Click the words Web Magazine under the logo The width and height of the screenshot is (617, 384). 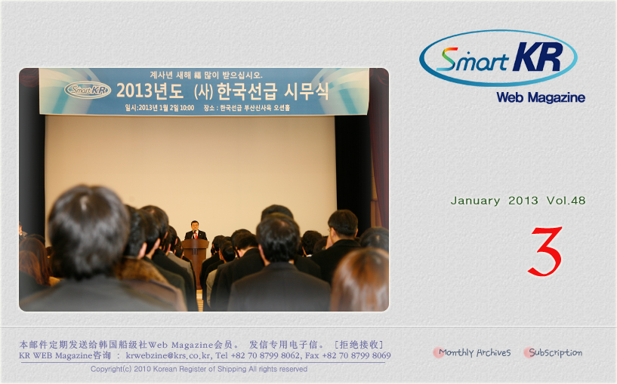pyautogui.click(x=541, y=97)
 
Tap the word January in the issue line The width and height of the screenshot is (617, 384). pyautogui.click(x=475, y=201)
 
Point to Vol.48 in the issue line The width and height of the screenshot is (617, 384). pyautogui.click(x=566, y=201)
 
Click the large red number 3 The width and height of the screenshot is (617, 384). pyautogui.click(x=545, y=251)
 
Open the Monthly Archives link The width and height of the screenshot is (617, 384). pyautogui.click(x=474, y=352)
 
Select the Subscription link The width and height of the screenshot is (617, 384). pyautogui.click(x=555, y=352)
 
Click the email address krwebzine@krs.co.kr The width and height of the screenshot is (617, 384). pyautogui.click(x=168, y=355)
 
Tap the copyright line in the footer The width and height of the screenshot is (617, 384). pyautogui.click(x=199, y=369)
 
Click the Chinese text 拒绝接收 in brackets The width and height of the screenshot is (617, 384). pyautogui.click(x=359, y=345)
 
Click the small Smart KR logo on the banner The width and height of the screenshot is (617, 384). pyautogui.click(x=88, y=90)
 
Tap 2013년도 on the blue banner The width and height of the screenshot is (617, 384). pyautogui.click(x=150, y=91)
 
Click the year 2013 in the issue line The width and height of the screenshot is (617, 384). pyautogui.click(x=523, y=201)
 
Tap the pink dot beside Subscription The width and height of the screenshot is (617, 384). pyautogui.click(x=528, y=352)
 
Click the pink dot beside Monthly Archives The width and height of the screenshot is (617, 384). pyautogui.click(x=437, y=352)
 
